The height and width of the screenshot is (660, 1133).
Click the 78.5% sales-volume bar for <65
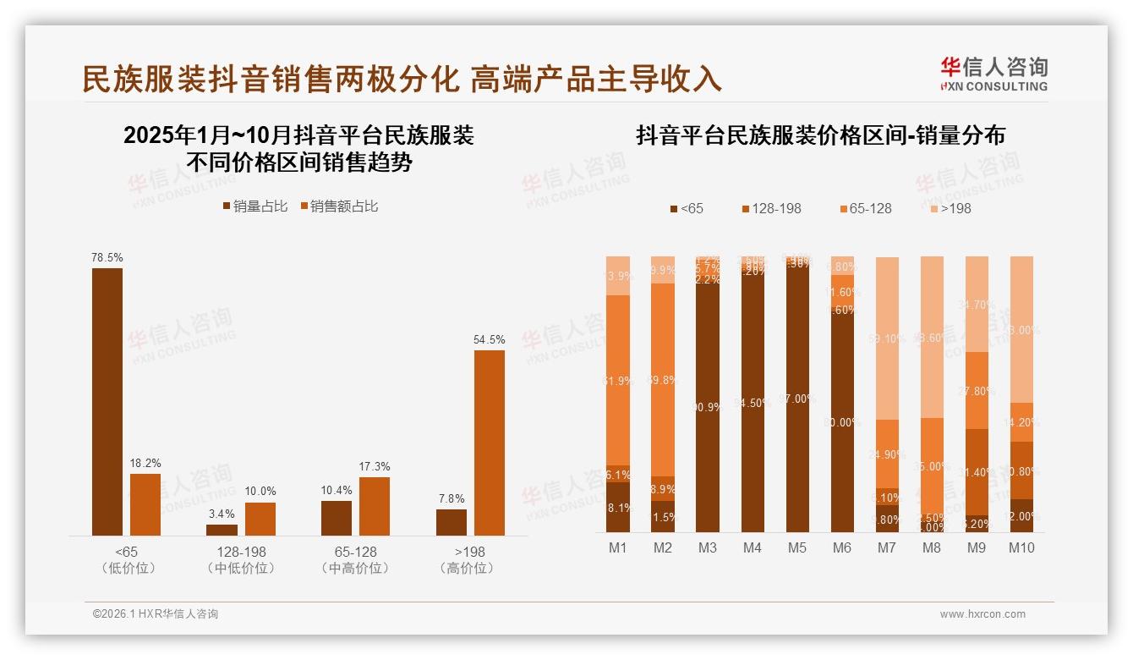pyautogui.click(x=107, y=401)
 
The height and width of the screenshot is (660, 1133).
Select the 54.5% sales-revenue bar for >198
pyautogui.click(x=489, y=443)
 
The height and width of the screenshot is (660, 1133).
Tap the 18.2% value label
pyautogui.click(x=145, y=464)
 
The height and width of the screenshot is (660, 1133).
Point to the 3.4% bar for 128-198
pyautogui.click(x=222, y=530)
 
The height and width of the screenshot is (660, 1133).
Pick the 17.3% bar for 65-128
pyautogui.click(x=375, y=506)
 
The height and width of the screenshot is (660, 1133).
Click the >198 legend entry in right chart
pyautogui.click(x=950, y=208)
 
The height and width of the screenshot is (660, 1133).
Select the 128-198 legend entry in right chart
pyautogui.click(x=771, y=208)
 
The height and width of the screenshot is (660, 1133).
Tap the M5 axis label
pyautogui.click(x=796, y=547)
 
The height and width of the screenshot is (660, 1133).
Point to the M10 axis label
pyautogui.click(x=1021, y=547)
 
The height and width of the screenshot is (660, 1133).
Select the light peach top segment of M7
pyautogui.click(x=887, y=338)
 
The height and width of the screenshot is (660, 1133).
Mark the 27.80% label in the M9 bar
pyautogui.click(x=977, y=391)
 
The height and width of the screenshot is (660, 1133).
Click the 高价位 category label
pyautogui.click(x=466, y=568)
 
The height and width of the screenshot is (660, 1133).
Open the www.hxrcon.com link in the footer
pyautogui.click(x=982, y=614)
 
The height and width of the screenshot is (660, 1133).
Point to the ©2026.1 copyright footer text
pyautogui.click(x=155, y=614)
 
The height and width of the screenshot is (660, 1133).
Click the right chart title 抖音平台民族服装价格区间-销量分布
pyautogui.click(x=820, y=135)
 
